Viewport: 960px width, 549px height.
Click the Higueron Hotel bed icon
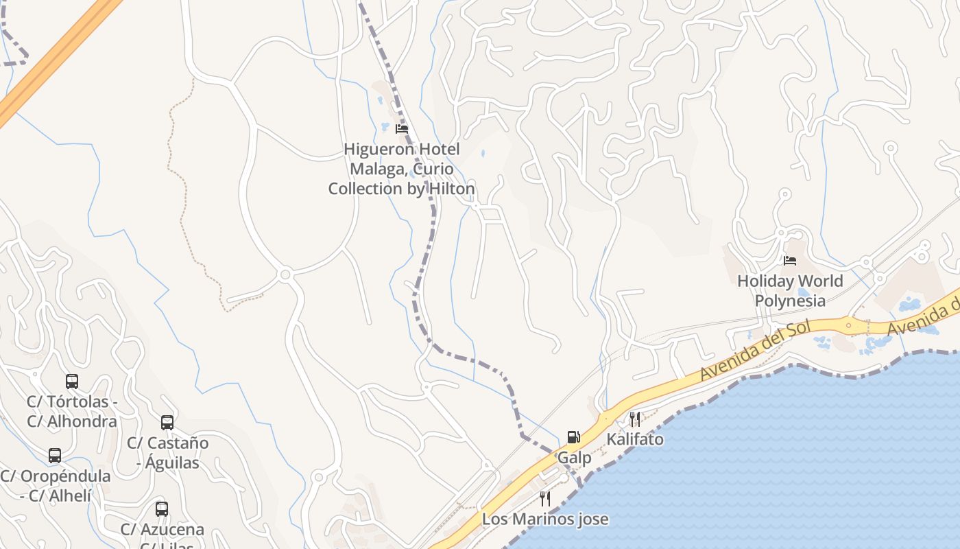coord(402,128)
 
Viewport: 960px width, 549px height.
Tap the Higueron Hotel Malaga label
coord(401,169)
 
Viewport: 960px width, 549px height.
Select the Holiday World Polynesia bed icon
coord(790,261)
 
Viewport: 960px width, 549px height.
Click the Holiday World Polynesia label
coord(790,291)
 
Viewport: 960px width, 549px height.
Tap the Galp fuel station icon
coord(573,437)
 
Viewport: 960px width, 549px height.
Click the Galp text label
coord(574,458)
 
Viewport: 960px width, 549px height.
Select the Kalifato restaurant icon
coord(635,419)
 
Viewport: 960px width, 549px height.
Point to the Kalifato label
coord(635,439)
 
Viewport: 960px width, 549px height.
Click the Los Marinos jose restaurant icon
coord(545,499)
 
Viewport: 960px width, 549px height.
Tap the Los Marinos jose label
coord(545,519)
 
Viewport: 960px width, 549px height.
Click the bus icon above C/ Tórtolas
coord(72,382)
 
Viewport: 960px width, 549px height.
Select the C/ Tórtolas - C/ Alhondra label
coord(72,411)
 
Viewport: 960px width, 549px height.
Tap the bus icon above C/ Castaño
coord(167,423)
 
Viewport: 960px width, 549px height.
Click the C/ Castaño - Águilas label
coord(167,453)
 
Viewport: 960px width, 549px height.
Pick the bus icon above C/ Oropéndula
coord(55,456)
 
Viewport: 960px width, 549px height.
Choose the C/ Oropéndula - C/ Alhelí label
coord(55,485)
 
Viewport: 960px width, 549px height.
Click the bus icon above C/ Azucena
coord(162,509)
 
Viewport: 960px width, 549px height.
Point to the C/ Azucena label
coord(163,530)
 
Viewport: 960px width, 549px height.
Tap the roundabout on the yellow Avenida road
coord(849,325)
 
